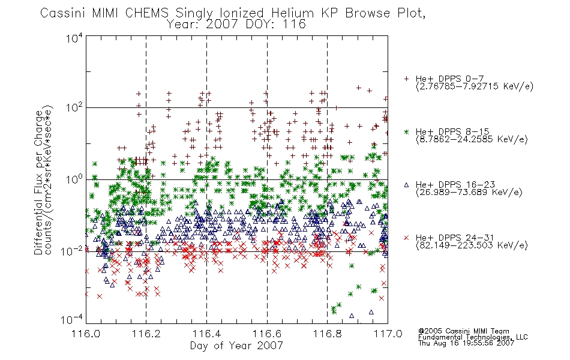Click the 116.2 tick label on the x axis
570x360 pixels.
146,334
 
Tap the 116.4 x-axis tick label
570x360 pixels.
206,334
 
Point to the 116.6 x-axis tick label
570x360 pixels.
267,334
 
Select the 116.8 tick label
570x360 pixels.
327,334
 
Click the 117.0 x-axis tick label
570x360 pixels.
388,334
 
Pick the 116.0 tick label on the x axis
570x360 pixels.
86,334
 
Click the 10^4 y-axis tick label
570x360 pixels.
74,38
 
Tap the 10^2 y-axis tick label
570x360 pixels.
74,108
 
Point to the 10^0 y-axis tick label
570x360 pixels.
74,179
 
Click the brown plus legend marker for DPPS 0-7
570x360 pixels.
406,79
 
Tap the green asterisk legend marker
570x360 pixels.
406,131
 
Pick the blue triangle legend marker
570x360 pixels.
406,185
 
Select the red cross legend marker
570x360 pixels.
406,238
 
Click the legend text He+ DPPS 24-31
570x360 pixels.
455,238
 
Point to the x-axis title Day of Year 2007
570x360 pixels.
236,346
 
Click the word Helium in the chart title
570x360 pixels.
293,13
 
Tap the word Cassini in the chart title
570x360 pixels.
63,13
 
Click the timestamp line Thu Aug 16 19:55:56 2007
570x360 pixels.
466,343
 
